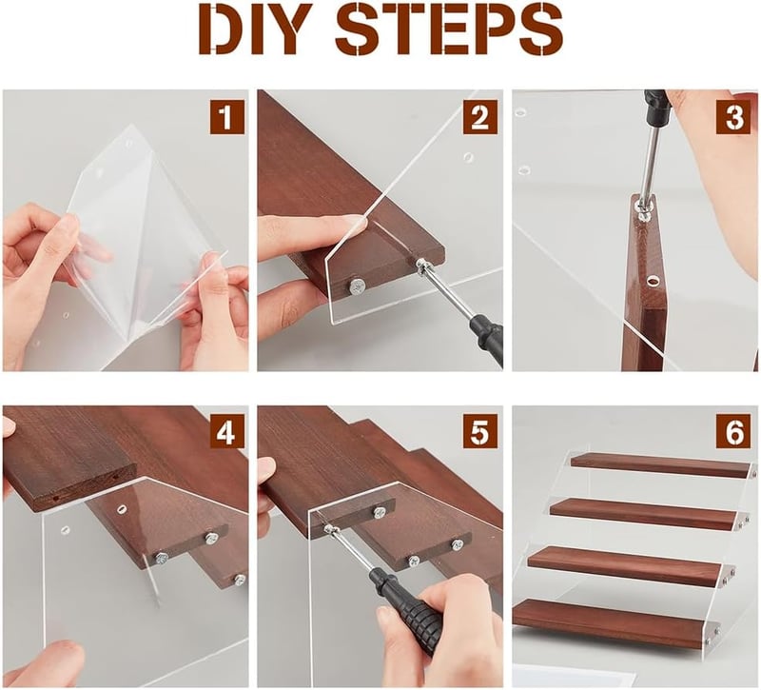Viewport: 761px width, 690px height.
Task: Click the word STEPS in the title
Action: (450, 30)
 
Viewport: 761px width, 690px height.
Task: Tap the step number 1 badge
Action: (226, 117)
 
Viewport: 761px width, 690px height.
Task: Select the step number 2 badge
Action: (480, 117)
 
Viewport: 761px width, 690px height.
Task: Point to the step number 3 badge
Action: (733, 117)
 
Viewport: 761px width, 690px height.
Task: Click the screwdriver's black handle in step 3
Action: (656, 107)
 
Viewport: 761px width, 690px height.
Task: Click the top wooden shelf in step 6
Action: (662, 465)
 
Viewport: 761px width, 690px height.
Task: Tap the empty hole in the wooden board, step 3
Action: (653, 280)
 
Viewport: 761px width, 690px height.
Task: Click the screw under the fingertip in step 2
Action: (357, 287)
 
